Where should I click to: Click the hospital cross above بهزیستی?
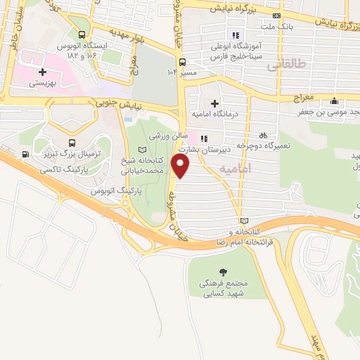point(43,72)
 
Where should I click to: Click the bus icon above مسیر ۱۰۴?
point(183,61)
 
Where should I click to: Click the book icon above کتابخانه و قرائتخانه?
point(243,220)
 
